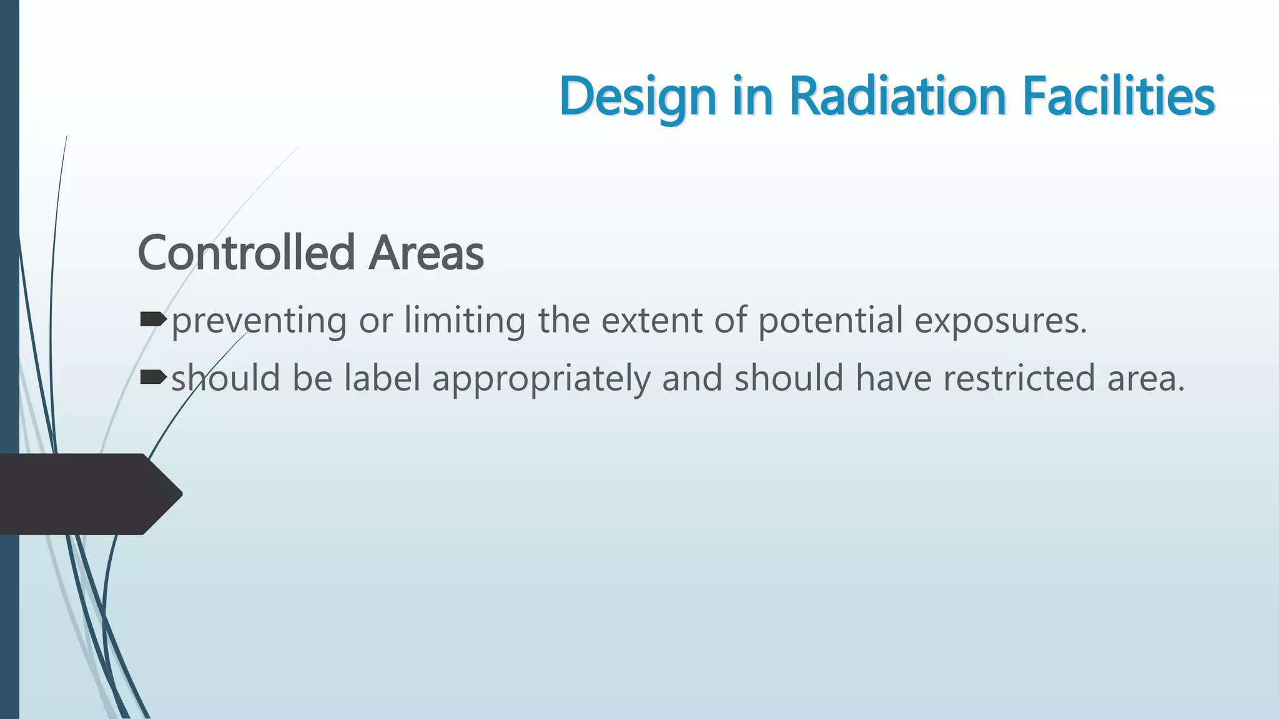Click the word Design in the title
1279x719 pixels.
click(637, 97)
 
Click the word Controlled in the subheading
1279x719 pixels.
click(246, 253)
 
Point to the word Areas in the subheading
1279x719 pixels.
click(426, 253)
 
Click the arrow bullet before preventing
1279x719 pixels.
click(154, 320)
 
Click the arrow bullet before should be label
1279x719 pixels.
click(154, 378)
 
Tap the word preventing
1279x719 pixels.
click(259, 321)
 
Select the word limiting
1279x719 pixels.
click(465, 321)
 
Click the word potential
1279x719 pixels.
click(831, 321)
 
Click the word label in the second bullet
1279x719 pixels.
click(382, 379)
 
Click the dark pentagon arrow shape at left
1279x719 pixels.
click(87, 494)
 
